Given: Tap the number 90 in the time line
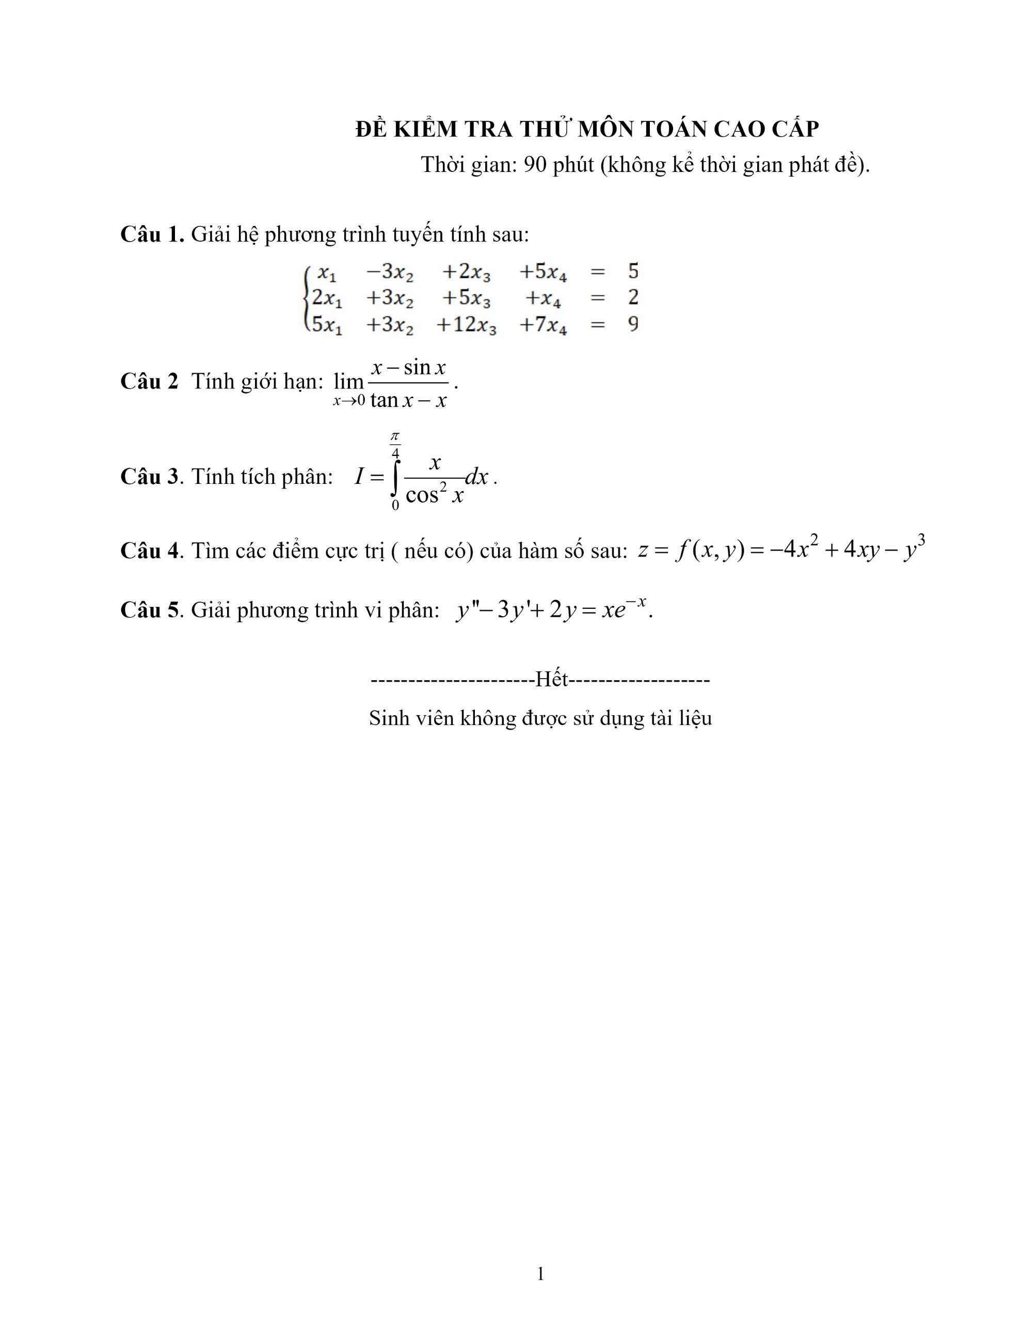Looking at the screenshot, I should click(x=535, y=165).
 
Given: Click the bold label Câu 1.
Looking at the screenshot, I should click(x=152, y=234).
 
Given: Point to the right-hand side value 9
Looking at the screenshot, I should click(x=633, y=324).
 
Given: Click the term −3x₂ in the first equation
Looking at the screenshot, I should click(x=389, y=272).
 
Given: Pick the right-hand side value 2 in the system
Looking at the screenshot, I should click(x=633, y=297).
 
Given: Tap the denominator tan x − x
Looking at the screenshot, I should click(x=408, y=400).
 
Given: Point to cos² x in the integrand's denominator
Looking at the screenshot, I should click(x=434, y=495).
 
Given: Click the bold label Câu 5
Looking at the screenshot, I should click(x=150, y=610).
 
